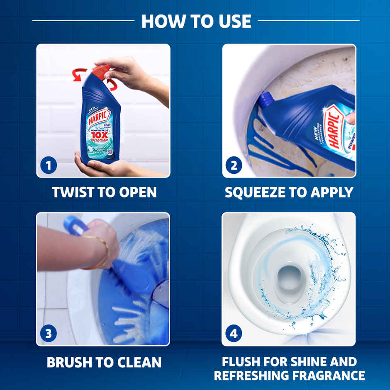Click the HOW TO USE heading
[196, 21]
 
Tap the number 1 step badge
[49, 166]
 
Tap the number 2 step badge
[234, 166]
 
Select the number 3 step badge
[49, 334]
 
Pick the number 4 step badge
[234, 334]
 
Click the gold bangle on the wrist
[102, 249]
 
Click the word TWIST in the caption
[71, 192]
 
